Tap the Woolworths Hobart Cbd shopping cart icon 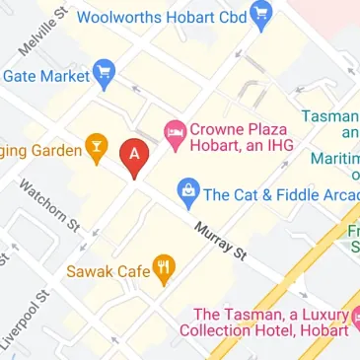tap(261, 14)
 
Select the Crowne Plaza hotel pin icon tap(175, 132)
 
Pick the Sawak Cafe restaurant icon tap(165, 267)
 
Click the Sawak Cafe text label tap(108, 269)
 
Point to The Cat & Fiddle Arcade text tap(280, 193)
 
